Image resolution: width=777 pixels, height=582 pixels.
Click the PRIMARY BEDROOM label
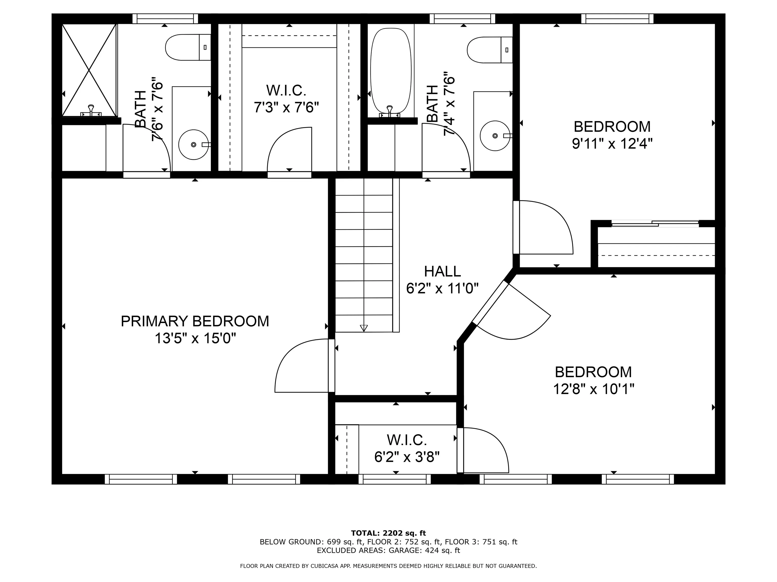click(195, 321)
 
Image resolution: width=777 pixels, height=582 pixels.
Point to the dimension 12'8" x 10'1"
click(594, 389)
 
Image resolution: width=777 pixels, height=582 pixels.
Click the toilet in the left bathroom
click(188, 47)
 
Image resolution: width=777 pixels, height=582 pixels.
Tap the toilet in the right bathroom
click(490, 50)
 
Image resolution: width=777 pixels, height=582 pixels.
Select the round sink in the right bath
click(495, 136)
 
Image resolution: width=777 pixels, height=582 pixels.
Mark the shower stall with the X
click(89, 70)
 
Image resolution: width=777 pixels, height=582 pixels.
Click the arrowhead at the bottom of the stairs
click(364, 328)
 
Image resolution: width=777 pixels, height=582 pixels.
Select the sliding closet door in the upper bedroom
click(655, 223)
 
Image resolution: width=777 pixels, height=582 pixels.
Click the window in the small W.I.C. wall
click(395, 479)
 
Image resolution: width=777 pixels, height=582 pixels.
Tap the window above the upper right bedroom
click(617, 19)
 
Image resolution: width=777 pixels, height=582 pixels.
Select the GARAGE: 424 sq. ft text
click(424, 550)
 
